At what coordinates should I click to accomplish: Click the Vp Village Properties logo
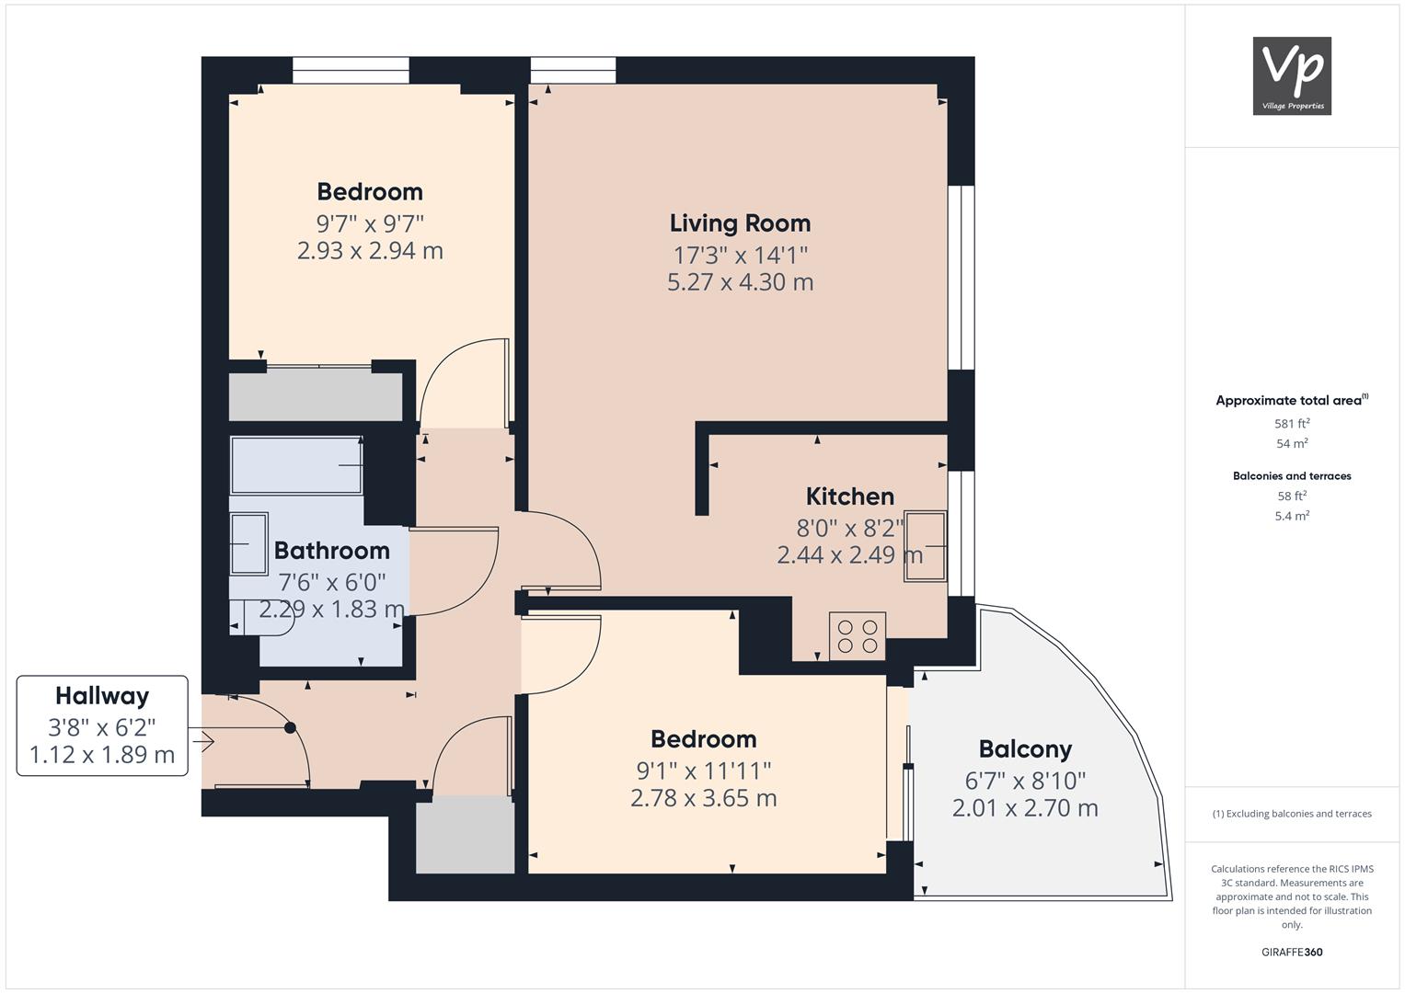[x=1292, y=75]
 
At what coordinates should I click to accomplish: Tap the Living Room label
[x=740, y=223]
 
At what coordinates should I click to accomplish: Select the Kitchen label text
[x=850, y=496]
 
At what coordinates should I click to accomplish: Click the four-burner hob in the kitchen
[x=858, y=636]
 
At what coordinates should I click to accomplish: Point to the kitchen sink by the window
[x=926, y=547]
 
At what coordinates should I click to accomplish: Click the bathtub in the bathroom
[x=296, y=465]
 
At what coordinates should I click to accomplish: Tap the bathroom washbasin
[x=249, y=543]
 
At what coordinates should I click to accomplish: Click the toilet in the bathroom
[x=262, y=618]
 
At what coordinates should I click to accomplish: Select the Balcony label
[x=1026, y=749]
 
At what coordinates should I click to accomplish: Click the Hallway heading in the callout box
[x=102, y=696]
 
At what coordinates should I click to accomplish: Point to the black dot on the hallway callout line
[x=290, y=728]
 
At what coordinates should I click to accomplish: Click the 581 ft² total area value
[x=1292, y=423]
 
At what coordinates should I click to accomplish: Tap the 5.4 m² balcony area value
[x=1292, y=516]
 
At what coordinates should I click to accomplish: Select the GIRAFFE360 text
[x=1292, y=953]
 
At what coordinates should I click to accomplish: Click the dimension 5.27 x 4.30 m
[x=740, y=282]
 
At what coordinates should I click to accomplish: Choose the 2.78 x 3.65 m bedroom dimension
[x=704, y=798]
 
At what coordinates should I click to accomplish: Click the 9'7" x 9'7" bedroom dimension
[x=370, y=223]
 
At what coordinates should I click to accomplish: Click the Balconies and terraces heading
[x=1292, y=476]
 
